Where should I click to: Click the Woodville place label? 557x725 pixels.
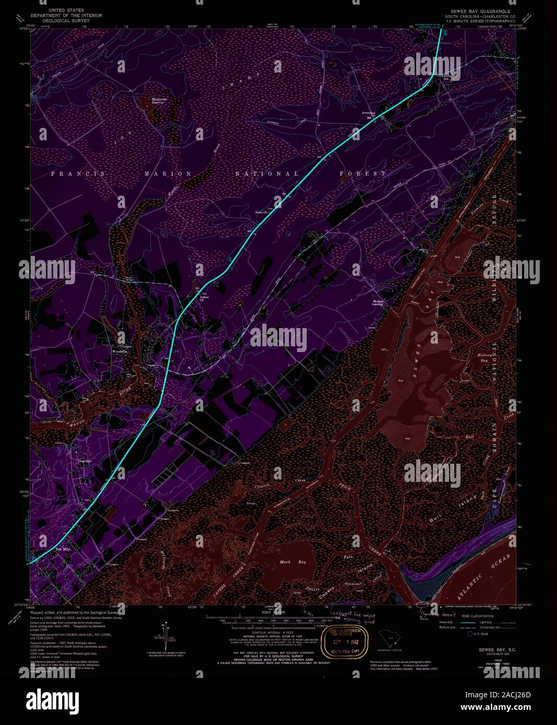[x=119, y=351]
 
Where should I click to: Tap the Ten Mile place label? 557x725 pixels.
[x=63, y=549]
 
